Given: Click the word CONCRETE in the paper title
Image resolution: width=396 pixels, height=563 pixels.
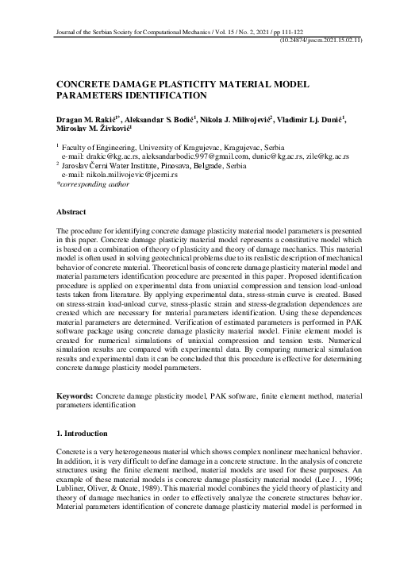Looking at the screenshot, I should click(x=83, y=82).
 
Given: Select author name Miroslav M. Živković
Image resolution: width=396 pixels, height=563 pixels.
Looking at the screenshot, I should click(x=88, y=129).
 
